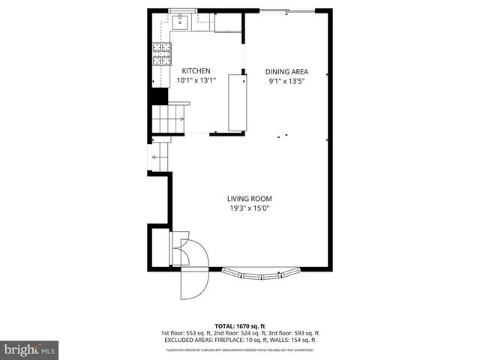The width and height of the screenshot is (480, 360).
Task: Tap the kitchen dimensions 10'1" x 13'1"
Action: pos(196,80)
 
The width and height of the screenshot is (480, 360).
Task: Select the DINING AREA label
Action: pos(286,72)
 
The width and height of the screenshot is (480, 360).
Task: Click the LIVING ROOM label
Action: pos(249,199)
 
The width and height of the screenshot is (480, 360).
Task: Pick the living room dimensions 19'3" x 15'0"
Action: pos(249,208)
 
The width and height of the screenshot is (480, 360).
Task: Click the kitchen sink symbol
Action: pos(181,22)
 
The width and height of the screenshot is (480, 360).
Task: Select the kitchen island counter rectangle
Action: pos(237,102)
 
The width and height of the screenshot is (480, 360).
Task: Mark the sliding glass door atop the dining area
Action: pos(286,10)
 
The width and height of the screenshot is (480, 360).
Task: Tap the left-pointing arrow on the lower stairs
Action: pos(159,157)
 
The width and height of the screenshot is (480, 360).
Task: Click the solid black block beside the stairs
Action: pos(158,97)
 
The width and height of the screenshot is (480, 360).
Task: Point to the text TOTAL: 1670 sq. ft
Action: pos(240,325)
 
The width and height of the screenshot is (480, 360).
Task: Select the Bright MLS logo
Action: pos(30,349)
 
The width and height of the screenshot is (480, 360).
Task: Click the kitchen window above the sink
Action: pos(181,10)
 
